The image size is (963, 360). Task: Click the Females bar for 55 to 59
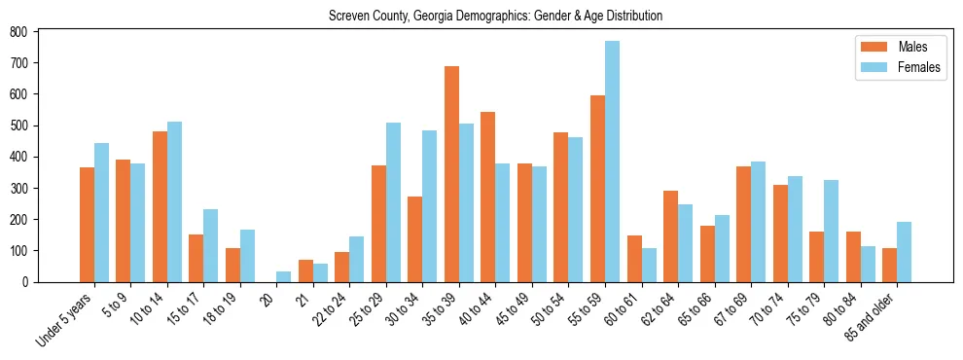613,162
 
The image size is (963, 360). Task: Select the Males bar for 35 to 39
451,174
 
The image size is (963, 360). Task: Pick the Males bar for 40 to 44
488,197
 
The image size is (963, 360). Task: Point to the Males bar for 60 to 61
634,259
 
